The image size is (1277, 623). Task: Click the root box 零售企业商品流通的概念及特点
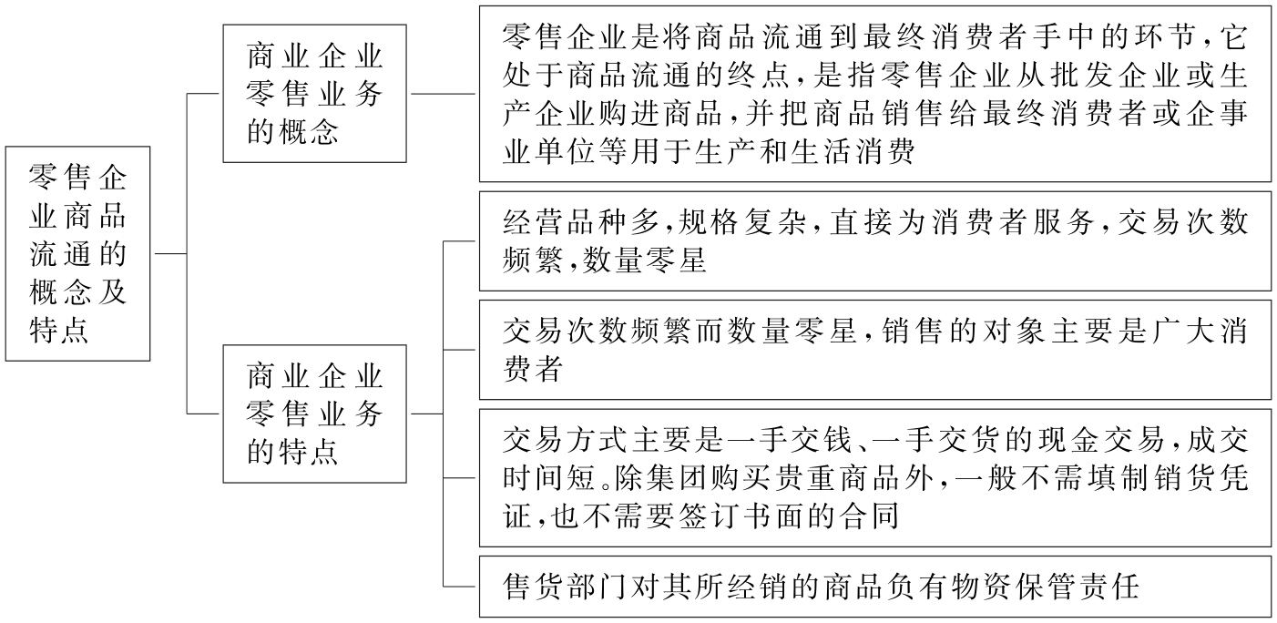pos(77,253)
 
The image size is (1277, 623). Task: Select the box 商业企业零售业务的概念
pos(314,94)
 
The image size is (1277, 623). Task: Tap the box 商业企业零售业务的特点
pos(314,413)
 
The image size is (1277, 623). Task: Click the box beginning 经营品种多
pos(874,241)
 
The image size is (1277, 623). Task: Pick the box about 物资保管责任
pos(874,587)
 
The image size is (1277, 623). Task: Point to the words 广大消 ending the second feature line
pos(1206,332)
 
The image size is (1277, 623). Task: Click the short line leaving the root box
pos(169,253)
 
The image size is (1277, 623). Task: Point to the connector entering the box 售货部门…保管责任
pos(461,587)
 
